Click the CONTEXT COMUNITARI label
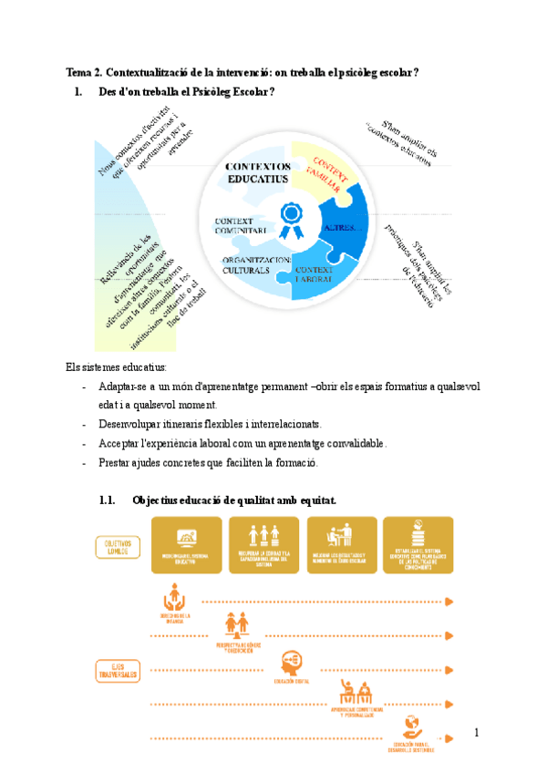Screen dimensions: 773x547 pos(241,226)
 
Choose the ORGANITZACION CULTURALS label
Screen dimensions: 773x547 pos(257,265)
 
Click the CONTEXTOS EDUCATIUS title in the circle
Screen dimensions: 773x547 pos(258,173)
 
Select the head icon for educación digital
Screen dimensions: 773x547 pos(291,659)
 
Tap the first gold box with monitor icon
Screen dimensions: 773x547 pos(173,545)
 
